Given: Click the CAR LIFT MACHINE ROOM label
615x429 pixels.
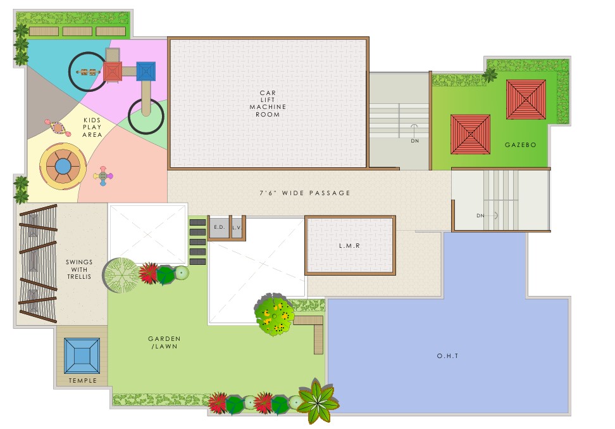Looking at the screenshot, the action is tap(268, 104).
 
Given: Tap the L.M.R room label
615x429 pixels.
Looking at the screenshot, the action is tap(349, 246).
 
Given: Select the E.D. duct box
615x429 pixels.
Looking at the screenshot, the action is tap(220, 227).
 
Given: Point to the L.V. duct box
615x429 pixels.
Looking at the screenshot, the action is tap(237, 227).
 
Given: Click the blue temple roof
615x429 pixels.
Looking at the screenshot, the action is tap(82, 356).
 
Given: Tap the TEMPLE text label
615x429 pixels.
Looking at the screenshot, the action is tap(82, 381).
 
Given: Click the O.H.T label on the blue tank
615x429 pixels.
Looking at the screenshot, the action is tap(447, 356).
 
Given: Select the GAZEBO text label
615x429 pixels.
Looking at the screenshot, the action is tap(521, 145).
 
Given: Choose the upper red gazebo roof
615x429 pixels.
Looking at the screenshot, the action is tap(526, 99).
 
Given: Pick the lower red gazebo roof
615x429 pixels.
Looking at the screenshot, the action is tap(470, 134).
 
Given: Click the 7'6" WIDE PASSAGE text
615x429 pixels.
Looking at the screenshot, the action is tap(305, 193).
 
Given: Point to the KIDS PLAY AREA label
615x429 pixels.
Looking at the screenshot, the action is tap(92, 127).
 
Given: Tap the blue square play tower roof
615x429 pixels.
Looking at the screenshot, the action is tap(146, 72).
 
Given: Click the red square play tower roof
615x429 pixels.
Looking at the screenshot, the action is tap(113, 72).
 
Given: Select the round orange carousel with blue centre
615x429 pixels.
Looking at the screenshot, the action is tap(63, 167).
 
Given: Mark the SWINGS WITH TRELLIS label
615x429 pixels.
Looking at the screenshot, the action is tap(79, 269).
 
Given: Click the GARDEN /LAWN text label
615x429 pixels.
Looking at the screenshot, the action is tap(165, 343).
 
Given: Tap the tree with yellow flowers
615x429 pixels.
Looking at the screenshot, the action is tap(274, 314).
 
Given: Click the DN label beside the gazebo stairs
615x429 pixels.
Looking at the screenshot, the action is tap(415, 141).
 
